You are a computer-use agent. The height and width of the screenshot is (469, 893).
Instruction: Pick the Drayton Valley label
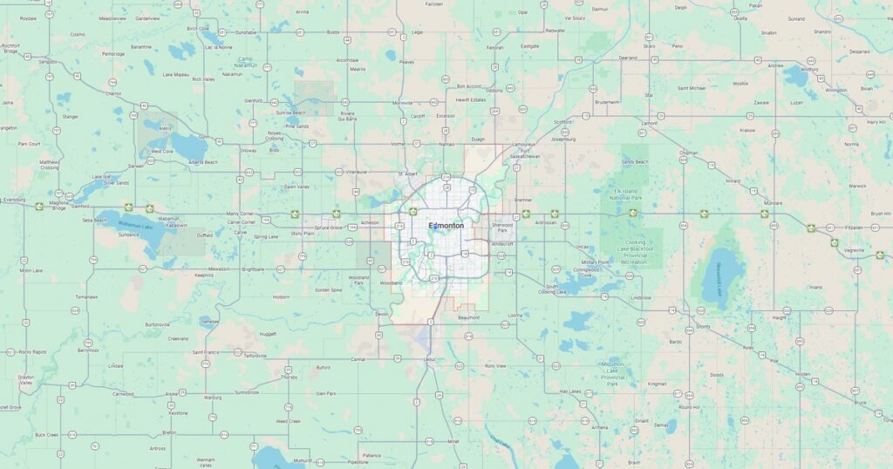coord(26,380)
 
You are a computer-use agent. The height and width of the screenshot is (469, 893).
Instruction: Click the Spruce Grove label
coord(329,228)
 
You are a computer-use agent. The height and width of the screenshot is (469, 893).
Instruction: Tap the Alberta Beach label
coord(202,162)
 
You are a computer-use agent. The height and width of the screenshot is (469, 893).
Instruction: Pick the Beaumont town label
coord(469,317)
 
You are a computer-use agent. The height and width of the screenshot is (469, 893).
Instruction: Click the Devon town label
coord(380,314)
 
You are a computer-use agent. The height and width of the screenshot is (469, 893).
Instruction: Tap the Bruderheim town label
coord(606,101)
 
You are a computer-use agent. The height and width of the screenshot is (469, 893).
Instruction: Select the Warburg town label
coord(212,398)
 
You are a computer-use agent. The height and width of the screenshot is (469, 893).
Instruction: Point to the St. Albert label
coord(409,173)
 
